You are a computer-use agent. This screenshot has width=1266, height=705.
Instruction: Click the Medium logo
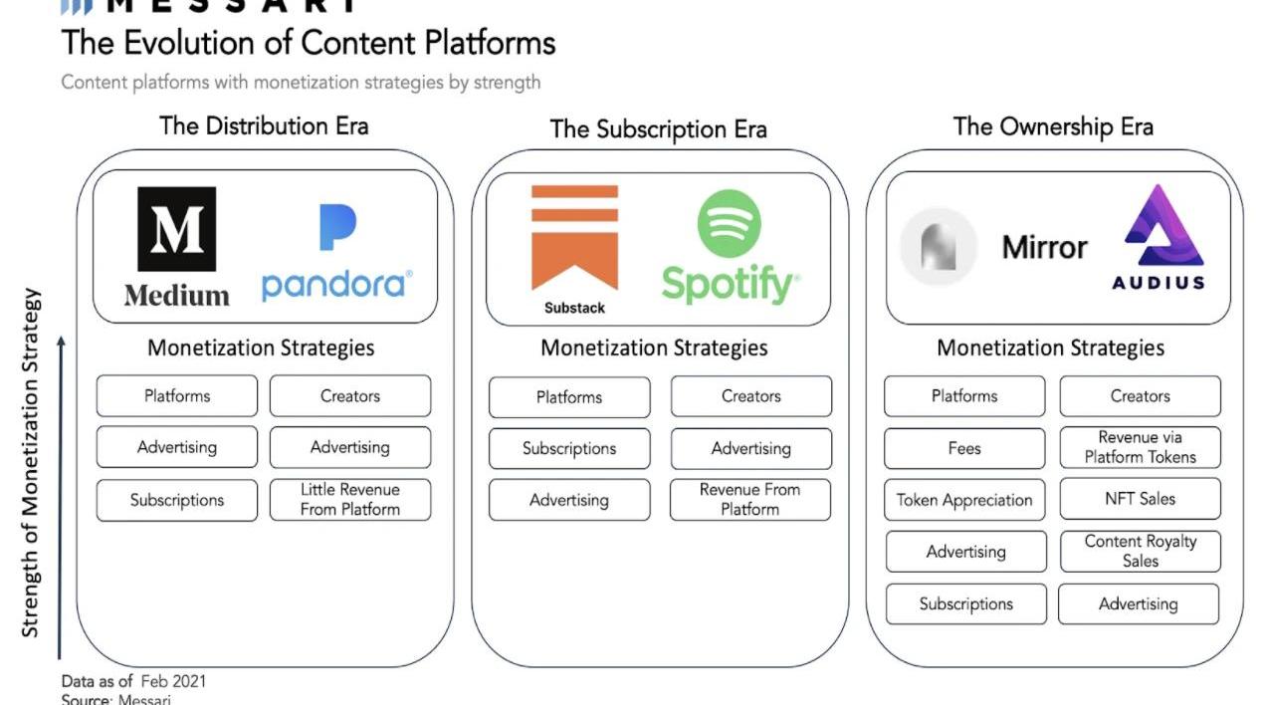176,245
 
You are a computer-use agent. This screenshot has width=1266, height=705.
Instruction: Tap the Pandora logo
337,254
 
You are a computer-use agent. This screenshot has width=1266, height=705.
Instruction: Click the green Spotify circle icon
729,224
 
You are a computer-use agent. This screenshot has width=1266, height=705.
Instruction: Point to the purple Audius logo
1159,237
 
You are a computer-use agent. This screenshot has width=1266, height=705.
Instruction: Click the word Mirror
1044,247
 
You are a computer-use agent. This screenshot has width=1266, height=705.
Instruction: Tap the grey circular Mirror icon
939,247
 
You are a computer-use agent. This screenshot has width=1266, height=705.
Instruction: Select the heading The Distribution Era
264,126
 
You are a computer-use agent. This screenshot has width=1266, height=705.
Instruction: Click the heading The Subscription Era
658,129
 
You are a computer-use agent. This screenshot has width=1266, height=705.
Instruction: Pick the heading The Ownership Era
1053,126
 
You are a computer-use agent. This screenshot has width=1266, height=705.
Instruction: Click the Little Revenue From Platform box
350,500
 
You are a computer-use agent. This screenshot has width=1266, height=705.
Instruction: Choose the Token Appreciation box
964,500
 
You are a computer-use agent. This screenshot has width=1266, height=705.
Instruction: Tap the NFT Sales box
1140,499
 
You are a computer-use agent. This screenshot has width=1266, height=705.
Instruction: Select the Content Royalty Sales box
1140,551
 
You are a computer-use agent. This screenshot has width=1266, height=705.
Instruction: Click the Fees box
964,448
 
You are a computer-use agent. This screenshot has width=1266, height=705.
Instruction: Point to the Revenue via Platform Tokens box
1140,447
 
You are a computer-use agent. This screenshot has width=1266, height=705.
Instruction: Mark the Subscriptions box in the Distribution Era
177,500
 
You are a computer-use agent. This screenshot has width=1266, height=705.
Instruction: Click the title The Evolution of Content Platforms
309,43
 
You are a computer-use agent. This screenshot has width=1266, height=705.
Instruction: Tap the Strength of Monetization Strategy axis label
31,463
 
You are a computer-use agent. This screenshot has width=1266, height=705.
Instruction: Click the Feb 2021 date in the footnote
173,681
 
